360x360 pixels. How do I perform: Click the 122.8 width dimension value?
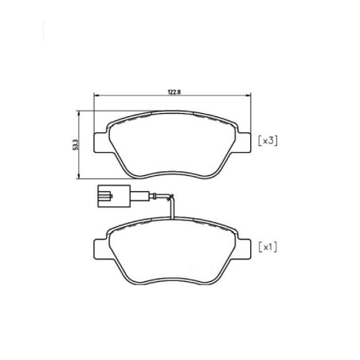click(174, 92)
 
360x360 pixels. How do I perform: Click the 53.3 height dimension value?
click(76, 145)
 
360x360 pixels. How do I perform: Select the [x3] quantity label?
click(268, 140)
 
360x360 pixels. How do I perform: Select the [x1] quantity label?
click(268, 247)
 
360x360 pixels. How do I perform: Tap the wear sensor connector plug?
click(114, 196)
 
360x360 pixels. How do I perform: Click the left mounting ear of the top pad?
click(100, 143)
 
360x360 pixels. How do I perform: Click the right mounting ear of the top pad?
click(244, 143)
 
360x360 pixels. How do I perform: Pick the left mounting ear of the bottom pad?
click(100, 249)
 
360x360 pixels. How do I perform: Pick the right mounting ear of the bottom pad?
click(244, 249)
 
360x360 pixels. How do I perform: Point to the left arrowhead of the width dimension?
click(96, 96)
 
